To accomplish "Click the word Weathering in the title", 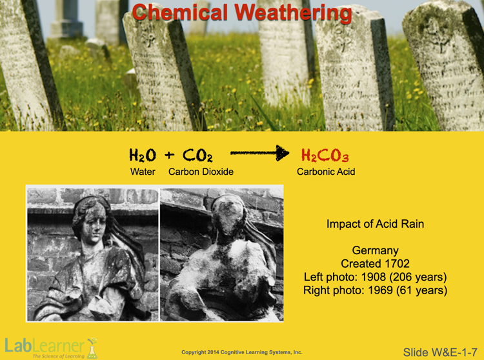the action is [x=293, y=13].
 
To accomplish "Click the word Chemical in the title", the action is [x=180, y=12].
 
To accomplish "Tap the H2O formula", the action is [x=143, y=155].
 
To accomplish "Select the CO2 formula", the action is [x=197, y=155].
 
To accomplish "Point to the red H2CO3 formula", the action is [x=325, y=155].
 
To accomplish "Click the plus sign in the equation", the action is [x=170, y=155].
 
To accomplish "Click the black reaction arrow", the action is [x=259, y=153].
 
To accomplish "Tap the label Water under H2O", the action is [x=143, y=172].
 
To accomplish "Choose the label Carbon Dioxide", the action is [x=201, y=172].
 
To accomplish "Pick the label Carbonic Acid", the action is [x=326, y=172].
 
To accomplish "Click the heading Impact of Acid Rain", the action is [x=375, y=224].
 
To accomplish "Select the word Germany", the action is [x=375, y=250].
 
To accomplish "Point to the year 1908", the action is [x=374, y=277].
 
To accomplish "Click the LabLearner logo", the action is [x=51, y=348].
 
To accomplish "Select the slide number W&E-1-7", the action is [x=440, y=352].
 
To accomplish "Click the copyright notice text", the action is [x=242, y=352].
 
